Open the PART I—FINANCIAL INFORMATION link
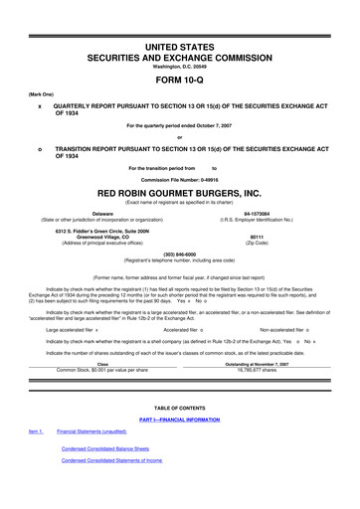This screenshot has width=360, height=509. (x=180, y=421)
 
